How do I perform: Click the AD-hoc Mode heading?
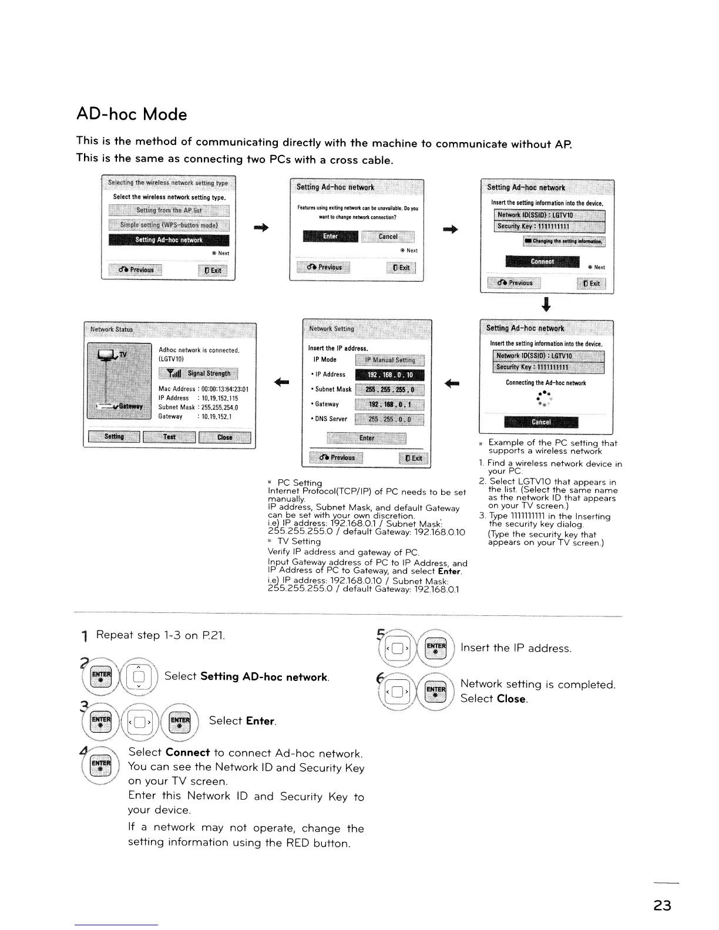132,114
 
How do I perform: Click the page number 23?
662,905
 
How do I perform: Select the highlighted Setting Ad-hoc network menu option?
169,240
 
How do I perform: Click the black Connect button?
542,261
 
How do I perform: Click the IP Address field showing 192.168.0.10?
390,375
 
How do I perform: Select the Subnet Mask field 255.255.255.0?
390,389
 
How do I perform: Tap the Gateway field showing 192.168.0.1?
390,404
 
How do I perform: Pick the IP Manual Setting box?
390,360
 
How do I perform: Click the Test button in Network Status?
169,437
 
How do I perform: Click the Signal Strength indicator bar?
199,373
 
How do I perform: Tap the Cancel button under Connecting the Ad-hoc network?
540,422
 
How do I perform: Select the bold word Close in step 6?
512,699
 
